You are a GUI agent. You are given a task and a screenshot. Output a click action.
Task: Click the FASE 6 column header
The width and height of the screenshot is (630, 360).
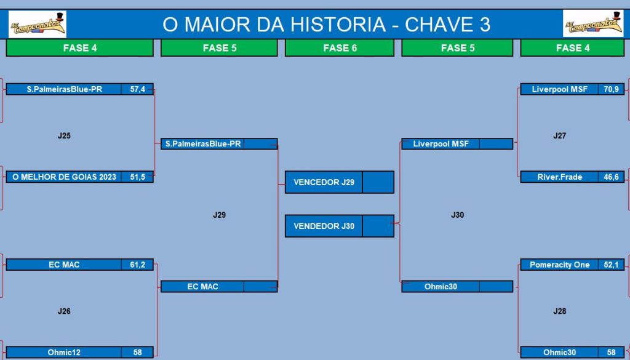(x=340, y=48)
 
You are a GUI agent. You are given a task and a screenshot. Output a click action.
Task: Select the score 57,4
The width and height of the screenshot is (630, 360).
(x=137, y=89)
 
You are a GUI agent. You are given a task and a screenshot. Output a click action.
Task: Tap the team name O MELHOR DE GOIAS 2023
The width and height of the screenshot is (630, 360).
(x=64, y=177)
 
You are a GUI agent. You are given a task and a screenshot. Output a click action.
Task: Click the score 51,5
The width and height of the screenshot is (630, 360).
(x=137, y=177)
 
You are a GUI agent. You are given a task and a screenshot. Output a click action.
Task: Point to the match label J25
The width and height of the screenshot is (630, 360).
(x=64, y=135)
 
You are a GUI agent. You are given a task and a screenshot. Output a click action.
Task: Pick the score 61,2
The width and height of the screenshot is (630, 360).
(x=137, y=265)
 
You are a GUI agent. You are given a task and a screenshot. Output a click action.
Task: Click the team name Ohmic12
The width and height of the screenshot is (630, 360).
(x=64, y=353)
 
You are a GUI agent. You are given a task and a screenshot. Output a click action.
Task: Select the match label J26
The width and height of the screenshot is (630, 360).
(x=64, y=311)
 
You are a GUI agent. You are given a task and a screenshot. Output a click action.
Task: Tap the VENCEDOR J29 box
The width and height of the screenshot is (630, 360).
(x=340, y=182)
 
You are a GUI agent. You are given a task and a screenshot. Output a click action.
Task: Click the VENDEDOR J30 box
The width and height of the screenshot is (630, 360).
(x=340, y=226)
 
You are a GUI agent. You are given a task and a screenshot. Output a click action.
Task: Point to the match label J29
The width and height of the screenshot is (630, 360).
(x=220, y=215)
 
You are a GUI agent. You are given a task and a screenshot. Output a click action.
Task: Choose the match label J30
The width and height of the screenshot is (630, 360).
(x=458, y=215)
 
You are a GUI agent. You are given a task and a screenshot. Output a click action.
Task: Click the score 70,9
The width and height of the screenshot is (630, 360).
(x=611, y=89)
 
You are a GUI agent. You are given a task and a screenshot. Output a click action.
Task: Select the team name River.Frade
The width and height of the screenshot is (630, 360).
(x=560, y=177)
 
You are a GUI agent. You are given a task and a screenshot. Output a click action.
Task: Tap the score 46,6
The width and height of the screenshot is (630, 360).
(x=611, y=177)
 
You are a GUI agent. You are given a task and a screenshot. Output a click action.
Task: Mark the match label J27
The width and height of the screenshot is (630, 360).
(x=560, y=135)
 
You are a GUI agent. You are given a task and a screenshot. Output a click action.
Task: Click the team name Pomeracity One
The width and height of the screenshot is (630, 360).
(x=560, y=265)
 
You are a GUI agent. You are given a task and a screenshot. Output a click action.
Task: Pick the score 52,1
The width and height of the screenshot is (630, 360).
(x=611, y=265)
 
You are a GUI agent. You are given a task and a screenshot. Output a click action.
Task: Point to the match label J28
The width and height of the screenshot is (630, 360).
(x=560, y=311)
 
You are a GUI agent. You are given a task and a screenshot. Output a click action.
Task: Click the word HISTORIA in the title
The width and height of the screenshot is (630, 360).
(x=338, y=25)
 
